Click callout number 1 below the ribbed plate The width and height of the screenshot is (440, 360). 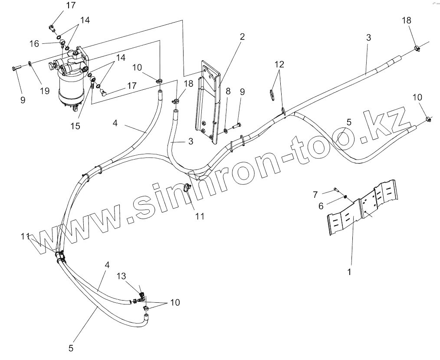pyautogui.click(x=350, y=272)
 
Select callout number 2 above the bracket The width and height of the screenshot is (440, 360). pyautogui.click(x=242, y=36)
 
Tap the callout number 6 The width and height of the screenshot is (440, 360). pyautogui.click(x=321, y=206)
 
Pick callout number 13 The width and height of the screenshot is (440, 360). pyautogui.click(x=121, y=276)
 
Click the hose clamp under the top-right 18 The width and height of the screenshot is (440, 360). pyautogui.click(x=416, y=48)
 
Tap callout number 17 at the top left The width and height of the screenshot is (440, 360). pyautogui.click(x=71, y=6)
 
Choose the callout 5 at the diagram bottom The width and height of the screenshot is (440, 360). pyautogui.click(x=71, y=347)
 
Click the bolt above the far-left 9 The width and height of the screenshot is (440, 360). pyautogui.click(x=16, y=68)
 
